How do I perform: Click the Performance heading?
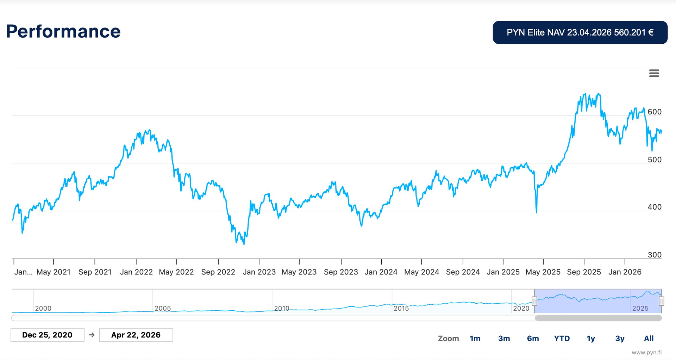coord(63,31)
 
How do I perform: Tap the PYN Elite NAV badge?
coord(580,32)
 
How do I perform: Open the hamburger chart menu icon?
coord(654,73)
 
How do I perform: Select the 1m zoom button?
coord(475,339)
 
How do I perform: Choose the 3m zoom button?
coord(504,339)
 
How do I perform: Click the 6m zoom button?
coord(533,339)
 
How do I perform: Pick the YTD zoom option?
coord(562,339)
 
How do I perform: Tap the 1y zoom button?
coord(590,339)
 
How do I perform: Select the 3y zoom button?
coord(620,339)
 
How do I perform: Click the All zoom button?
coord(649,339)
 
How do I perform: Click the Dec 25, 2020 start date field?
coord(48,335)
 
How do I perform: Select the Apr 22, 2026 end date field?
coord(136,335)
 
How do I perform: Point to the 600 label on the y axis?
coord(655,112)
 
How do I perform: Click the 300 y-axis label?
coord(655,255)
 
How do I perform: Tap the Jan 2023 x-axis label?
coord(259,272)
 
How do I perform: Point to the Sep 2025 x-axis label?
coord(584,272)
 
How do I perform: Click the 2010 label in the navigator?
coord(282,308)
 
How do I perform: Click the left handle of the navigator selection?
coord(534,301)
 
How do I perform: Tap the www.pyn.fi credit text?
coord(646,352)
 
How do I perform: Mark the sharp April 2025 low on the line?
coord(536,212)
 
